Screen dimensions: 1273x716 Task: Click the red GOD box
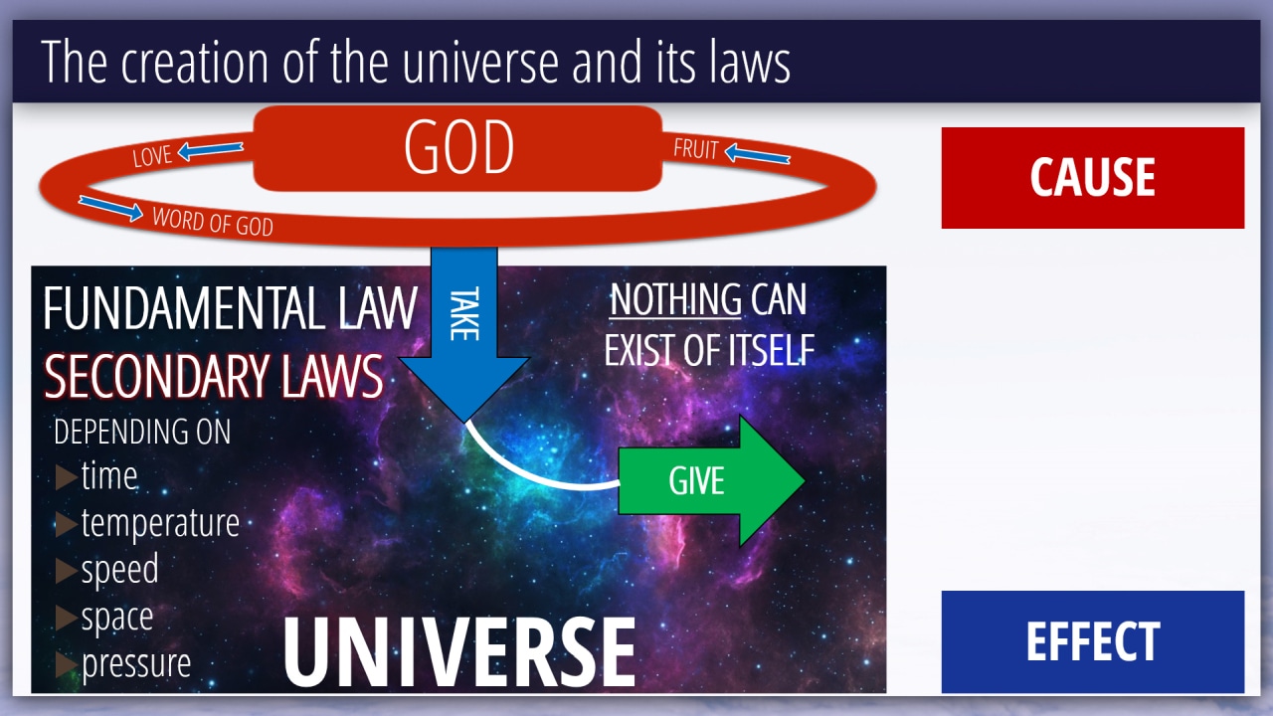(457, 148)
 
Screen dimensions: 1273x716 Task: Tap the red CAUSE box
(1093, 178)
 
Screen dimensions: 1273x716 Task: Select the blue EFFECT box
(1093, 641)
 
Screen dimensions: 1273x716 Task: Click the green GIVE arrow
(711, 480)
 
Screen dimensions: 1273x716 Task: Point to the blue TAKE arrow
(463, 334)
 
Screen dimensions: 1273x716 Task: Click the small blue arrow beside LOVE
(210, 150)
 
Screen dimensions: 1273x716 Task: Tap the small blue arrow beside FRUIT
(757, 153)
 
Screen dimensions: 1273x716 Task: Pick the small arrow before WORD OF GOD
(110, 208)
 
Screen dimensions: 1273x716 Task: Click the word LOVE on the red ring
(152, 156)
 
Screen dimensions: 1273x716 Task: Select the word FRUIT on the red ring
(696, 149)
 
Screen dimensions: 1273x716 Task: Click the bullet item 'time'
(109, 475)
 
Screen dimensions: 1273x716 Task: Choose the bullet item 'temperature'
(160, 523)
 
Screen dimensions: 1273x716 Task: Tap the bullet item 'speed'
(119, 570)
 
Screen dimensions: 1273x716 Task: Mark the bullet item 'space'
(117, 618)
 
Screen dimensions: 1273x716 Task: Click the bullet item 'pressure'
(136, 663)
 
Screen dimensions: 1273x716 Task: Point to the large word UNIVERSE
(459, 652)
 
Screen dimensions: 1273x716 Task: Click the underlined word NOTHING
(675, 299)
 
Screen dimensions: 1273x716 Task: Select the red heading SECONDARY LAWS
(214, 376)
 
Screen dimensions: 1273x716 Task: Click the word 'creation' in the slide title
(194, 62)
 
